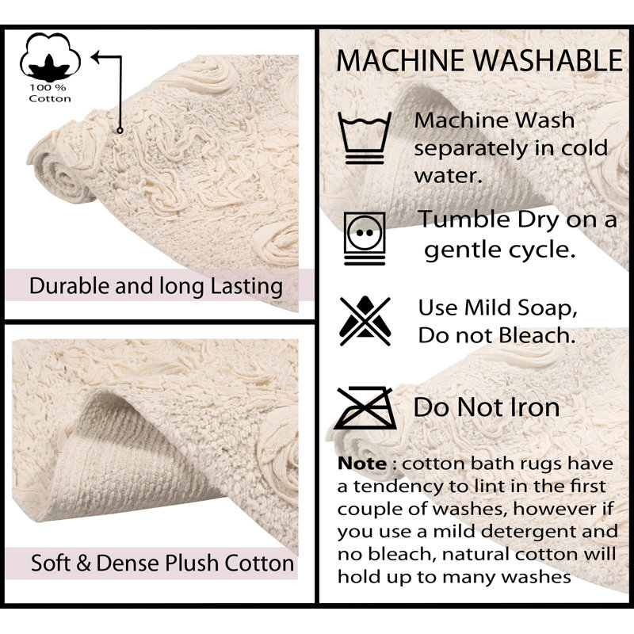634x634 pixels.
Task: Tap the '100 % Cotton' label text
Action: click(x=50, y=92)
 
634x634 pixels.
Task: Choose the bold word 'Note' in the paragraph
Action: click(x=361, y=462)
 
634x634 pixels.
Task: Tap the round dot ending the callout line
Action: click(x=120, y=129)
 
